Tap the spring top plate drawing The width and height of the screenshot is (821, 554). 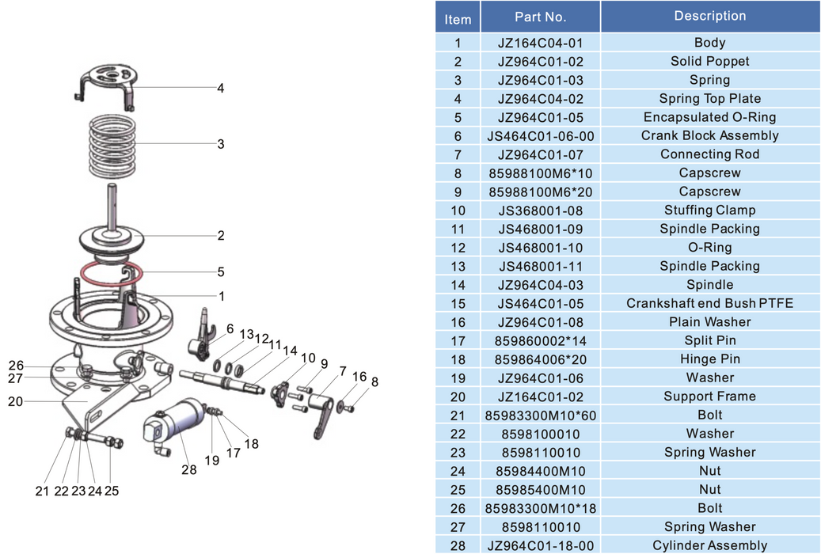coord(111,82)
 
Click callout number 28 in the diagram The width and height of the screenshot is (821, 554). coord(188,470)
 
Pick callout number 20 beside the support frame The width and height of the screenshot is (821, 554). coord(16,401)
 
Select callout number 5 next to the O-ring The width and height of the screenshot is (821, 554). coord(221,272)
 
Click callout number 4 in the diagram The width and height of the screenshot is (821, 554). coord(221,89)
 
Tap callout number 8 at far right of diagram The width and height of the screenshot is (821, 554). coord(374,382)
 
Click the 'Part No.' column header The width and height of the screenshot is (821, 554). coord(540,17)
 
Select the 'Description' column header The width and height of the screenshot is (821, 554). coord(709,17)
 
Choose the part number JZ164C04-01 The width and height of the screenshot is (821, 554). coord(540,43)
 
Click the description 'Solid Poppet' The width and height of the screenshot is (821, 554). coord(709,62)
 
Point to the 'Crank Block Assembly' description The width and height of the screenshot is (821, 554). coord(709,136)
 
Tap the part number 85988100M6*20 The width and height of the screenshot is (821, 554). coord(540,192)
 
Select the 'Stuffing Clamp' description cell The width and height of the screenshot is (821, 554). coord(709,211)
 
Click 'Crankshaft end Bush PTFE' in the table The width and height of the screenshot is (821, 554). coord(709,303)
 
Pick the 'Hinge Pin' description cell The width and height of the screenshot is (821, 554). coord(709,359)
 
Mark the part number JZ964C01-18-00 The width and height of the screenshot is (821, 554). coord(540,545)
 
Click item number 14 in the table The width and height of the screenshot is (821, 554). coord(458,285)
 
